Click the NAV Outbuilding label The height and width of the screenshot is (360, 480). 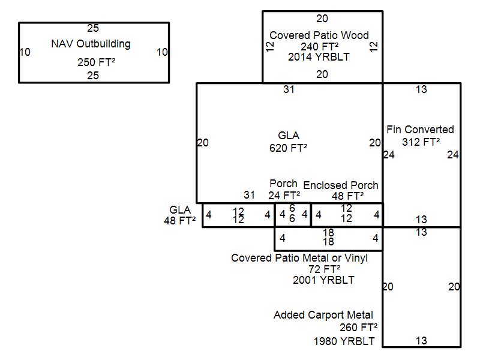(x=91, y=44)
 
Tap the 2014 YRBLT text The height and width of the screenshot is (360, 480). (x=319, y=57)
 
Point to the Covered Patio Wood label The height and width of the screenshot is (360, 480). (x=319, y=35)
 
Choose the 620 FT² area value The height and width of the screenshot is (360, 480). (x=289, y=147)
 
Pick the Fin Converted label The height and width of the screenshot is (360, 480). (x=420, y=130)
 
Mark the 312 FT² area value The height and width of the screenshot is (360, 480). (x=421, y=142)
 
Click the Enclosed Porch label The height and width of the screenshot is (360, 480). (x=341, y=185)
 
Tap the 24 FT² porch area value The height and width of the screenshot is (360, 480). (x=284, y=195)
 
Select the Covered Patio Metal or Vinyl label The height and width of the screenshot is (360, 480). (x=299, y=258)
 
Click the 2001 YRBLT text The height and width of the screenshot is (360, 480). (x=323, y=280)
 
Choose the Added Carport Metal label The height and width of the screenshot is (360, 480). (x=323, y=315)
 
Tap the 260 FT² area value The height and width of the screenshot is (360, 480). (x=358, y=328)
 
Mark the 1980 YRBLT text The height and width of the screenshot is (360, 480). (x=344, y=341)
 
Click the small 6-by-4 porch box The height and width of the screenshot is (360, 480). (x=292, y=215)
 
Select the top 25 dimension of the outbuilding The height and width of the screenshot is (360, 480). (x=93, y=28)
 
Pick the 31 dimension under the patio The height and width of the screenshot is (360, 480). (x=289, y=89)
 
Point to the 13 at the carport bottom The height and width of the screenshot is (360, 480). (x=421, y=341)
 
